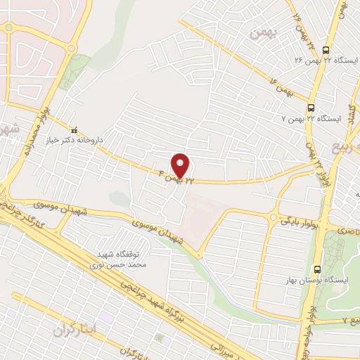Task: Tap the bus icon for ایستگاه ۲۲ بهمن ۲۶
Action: (x=325, y=50)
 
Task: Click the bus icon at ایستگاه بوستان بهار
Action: (x=318, y=269)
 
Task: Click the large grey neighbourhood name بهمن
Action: (x=264, y=32)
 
